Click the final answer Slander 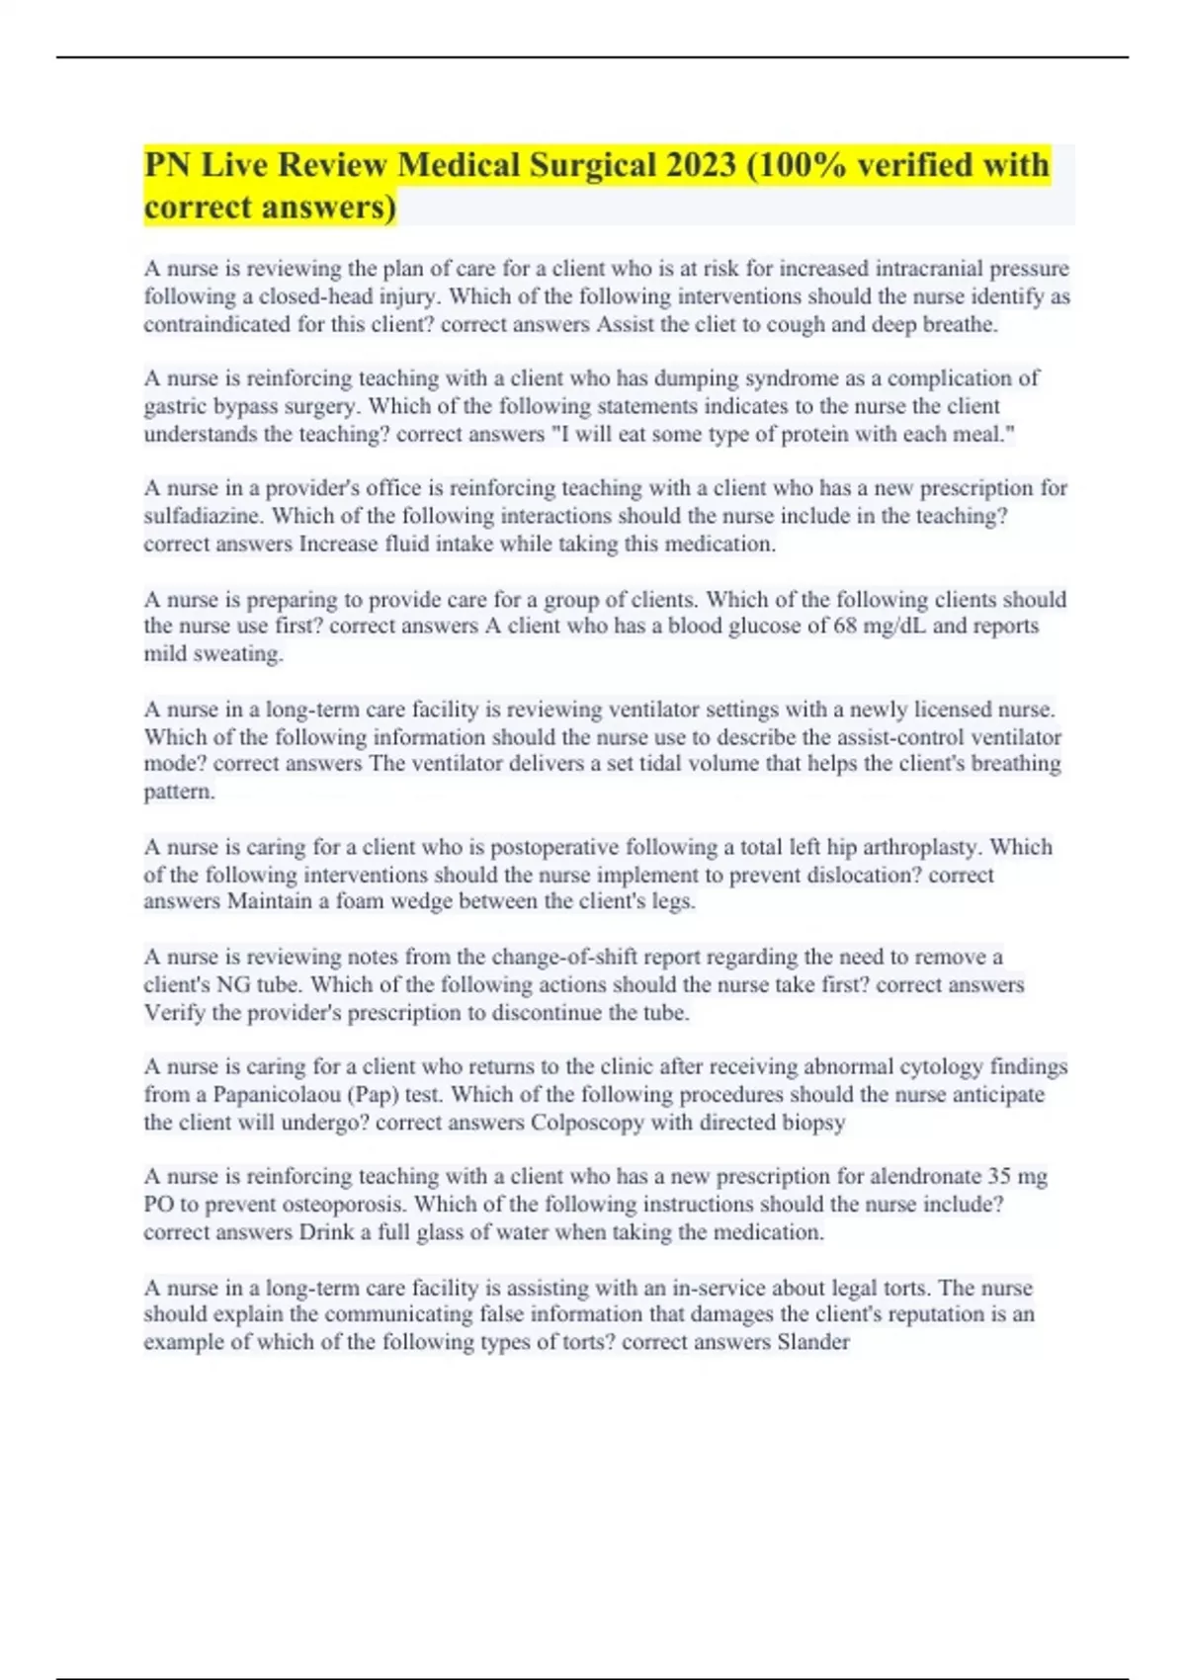coord(813,1342)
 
